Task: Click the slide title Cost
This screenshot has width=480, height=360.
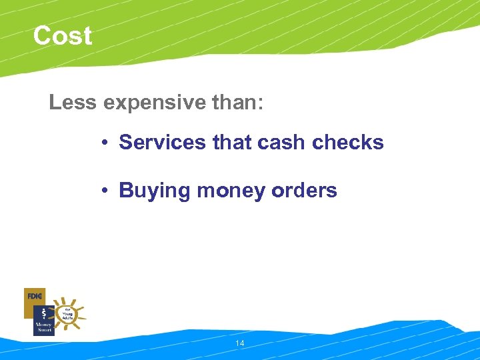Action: tap(62, 36)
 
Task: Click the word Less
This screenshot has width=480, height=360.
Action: tap(71, 103)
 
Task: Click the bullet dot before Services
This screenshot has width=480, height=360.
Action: tap(105, 143)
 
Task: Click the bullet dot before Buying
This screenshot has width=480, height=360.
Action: tap(105, 191)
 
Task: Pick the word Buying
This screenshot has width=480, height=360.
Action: tap(154, 191)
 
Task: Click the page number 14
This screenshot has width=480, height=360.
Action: tap(240, 343)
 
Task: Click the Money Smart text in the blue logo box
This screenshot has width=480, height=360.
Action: tap(43, 327)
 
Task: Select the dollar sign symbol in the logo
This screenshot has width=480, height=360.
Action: tap(43, 312)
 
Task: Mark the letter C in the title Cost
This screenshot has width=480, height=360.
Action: tap(43, 36)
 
